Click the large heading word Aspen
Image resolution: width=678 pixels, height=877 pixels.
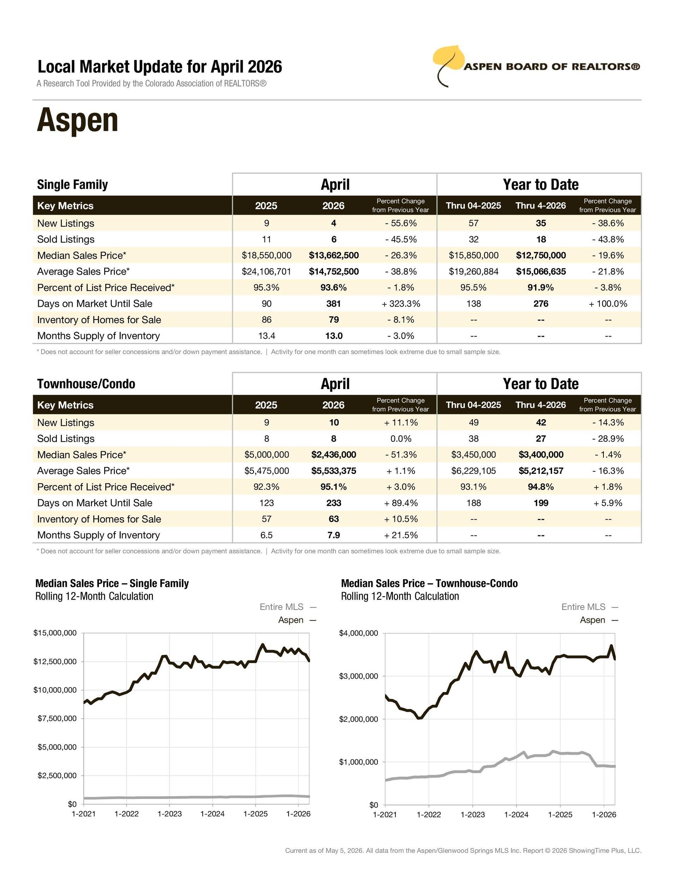(x=78, y=120)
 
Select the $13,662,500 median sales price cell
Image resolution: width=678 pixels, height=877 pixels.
(x=334, y=255)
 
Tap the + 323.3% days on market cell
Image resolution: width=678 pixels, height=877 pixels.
(x=401, y=304)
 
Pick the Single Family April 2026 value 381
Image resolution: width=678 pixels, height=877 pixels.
(x=334, y=304)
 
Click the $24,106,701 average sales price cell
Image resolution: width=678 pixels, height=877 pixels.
(x=266, y=272)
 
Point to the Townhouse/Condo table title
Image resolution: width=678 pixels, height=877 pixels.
(x=86, y=384)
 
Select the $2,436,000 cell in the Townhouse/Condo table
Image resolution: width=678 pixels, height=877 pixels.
(x=334, y=454)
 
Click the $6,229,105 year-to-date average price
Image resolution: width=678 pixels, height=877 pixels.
(x=474, y=471)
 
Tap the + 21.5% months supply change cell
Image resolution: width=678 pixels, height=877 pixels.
(x=401, y=535)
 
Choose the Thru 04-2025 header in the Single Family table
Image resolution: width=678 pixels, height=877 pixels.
(x=474, y=205)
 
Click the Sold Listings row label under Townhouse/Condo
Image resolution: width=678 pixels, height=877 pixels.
(x=66, y=438)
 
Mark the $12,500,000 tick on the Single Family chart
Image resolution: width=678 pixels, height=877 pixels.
(x=55, y=661)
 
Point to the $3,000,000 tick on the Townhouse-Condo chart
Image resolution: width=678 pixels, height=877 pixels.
(x=359, y=676)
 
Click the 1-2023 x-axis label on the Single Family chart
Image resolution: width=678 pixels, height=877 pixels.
(x=169, y=813)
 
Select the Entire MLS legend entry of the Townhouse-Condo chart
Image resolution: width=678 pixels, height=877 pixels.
(x=590, y=607)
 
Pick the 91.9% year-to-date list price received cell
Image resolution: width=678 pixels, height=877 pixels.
(x=541, y=287)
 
